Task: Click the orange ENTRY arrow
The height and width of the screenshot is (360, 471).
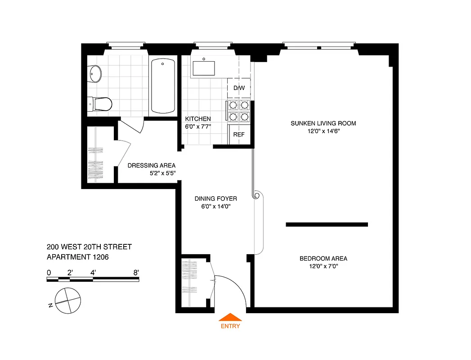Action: pos(230,317)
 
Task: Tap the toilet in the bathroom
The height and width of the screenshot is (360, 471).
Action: pos(101,104)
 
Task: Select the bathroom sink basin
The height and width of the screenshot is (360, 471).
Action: pos(96,74)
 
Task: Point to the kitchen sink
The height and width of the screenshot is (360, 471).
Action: pos(204,67)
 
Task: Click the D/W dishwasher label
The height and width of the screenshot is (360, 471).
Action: pos(239,88)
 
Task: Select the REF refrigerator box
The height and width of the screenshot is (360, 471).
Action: pos(238,134)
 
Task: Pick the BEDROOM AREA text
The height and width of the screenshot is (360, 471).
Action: pos(323,258)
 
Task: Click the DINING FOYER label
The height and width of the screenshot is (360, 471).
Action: pos(215,198)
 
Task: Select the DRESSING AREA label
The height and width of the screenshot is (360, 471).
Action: pos(152,165)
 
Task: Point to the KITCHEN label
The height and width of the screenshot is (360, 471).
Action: pos(197,119)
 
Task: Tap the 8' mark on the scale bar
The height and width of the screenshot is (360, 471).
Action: pos(136,272)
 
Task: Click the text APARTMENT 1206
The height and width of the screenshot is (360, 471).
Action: pos(78,257)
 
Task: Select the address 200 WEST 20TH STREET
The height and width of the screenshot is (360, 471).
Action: pos(89,247)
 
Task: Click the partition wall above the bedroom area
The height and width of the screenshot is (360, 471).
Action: pos(327,225)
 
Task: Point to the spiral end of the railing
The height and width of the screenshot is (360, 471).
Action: pos(257,196)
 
